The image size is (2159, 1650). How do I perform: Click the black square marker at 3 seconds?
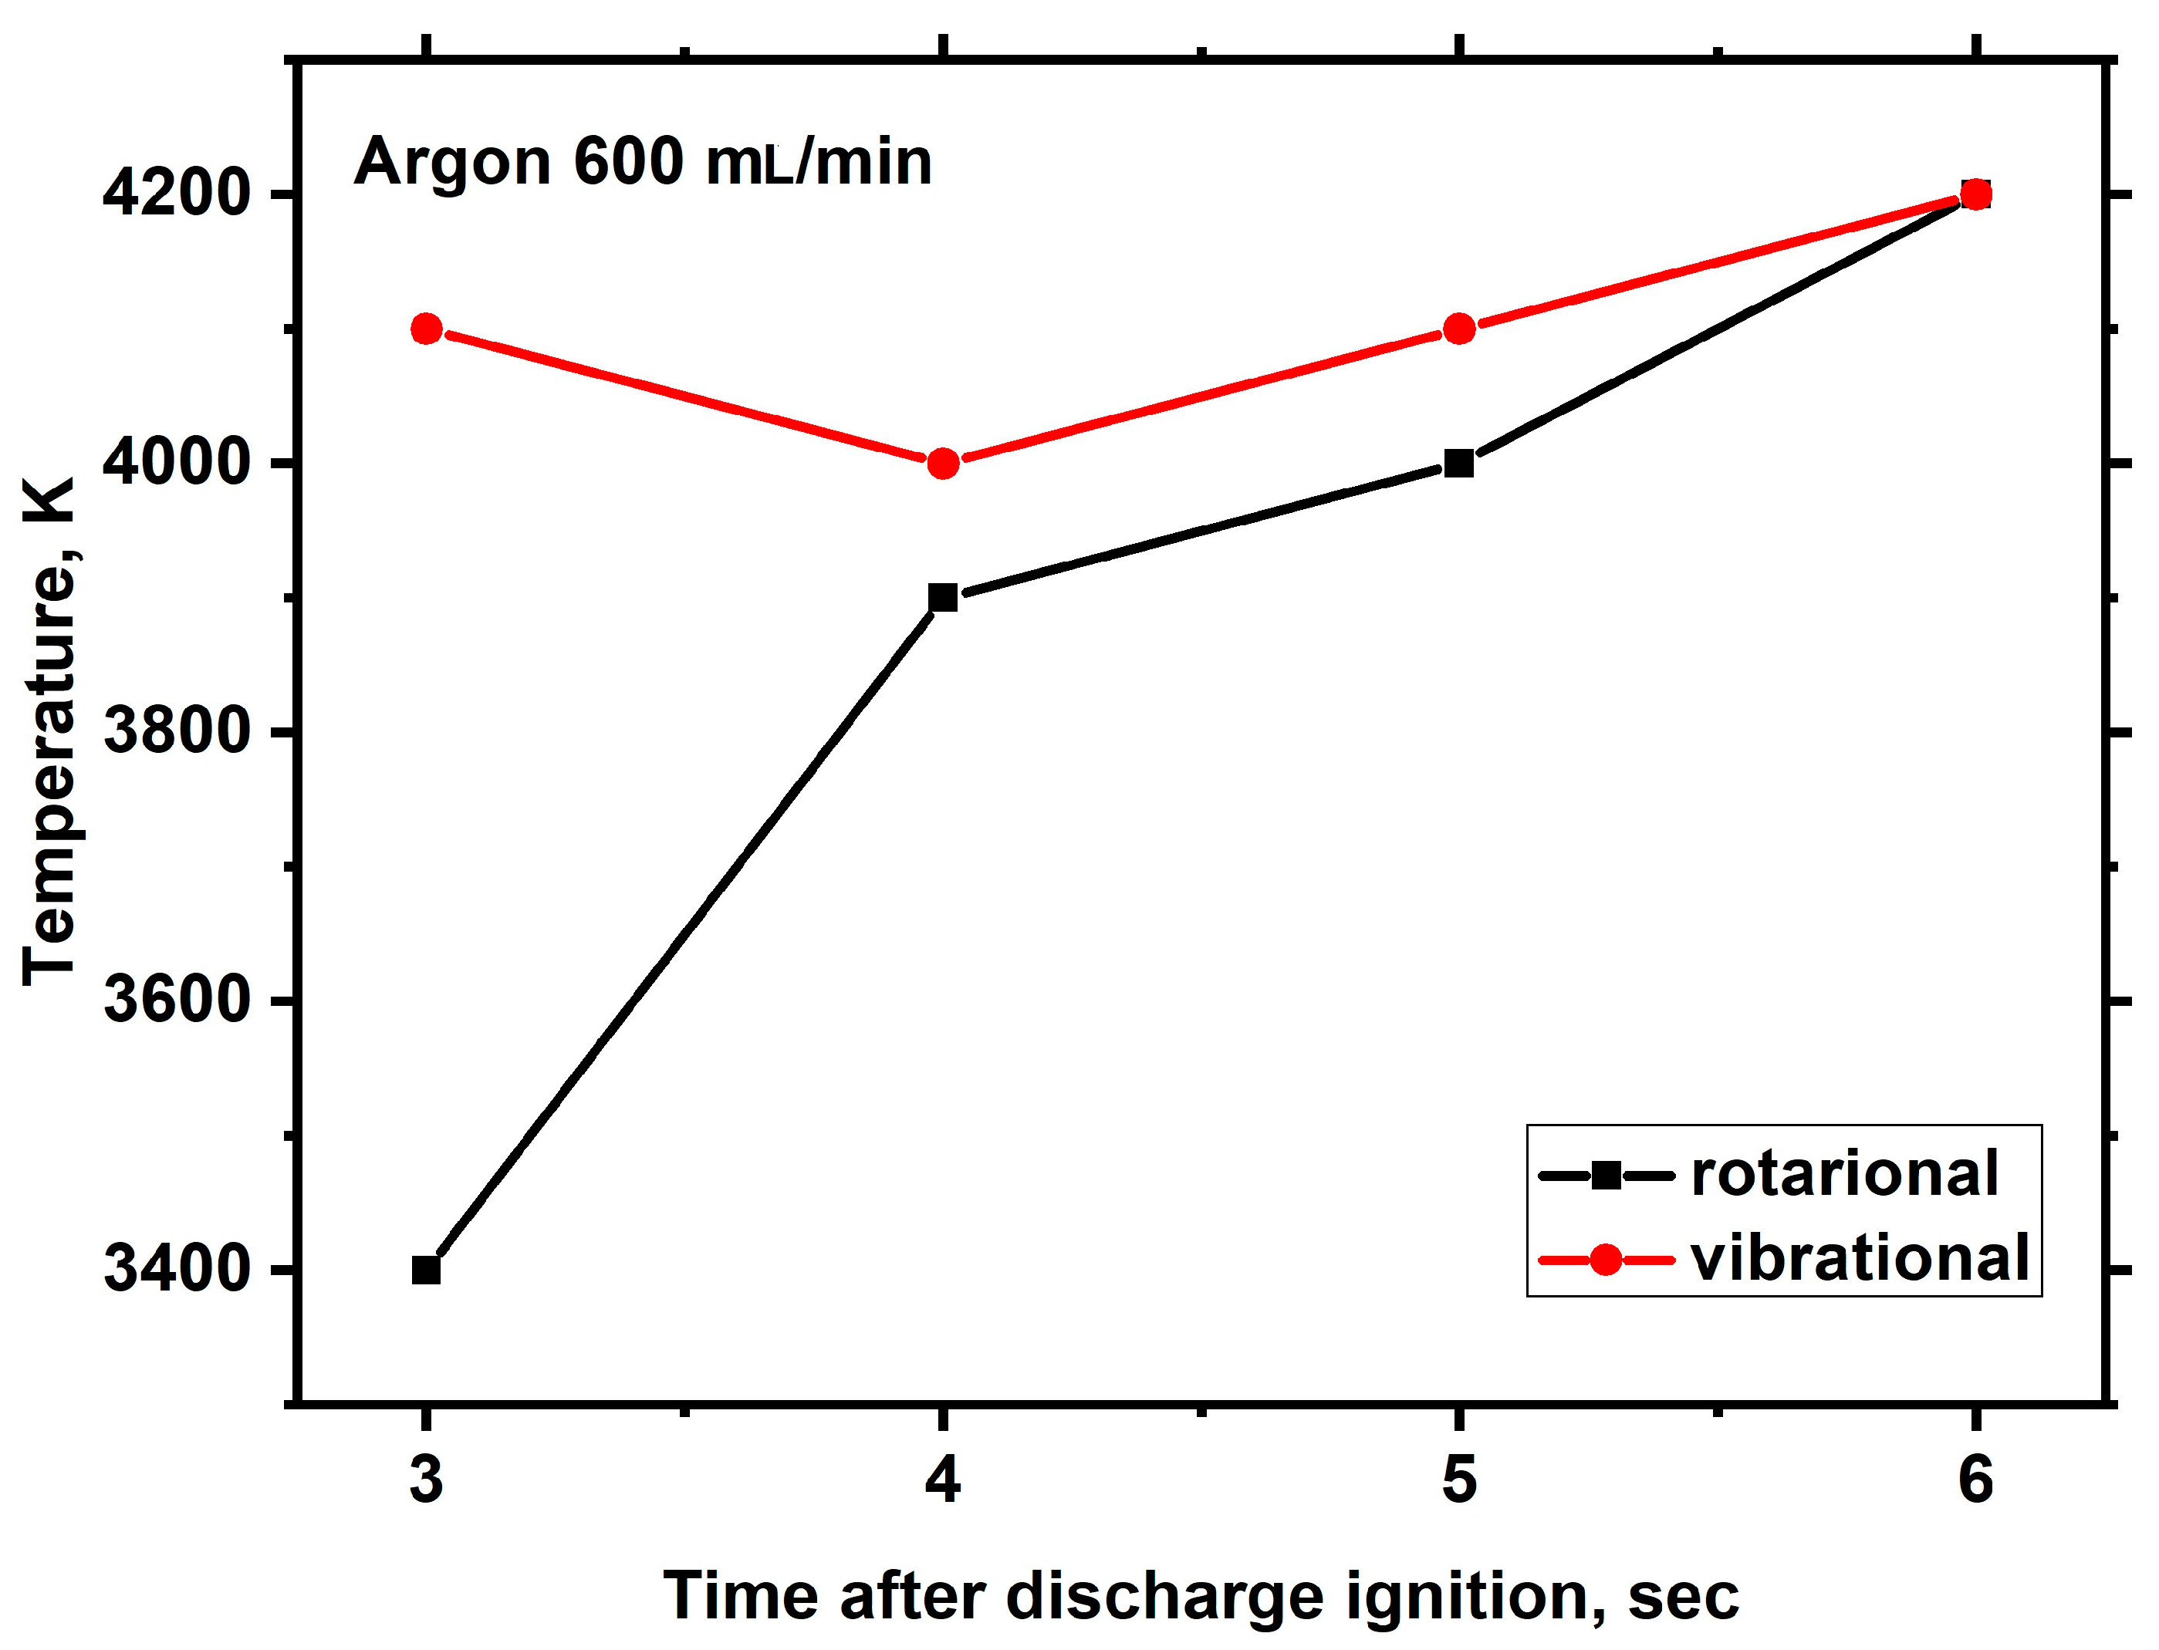click(x=425, y=1270)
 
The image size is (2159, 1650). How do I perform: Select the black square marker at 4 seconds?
click(x=942, y=597)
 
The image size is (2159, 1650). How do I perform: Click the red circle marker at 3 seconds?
click(x=425, y=328)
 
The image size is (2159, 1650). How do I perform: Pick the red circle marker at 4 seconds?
click(x=942, y=463)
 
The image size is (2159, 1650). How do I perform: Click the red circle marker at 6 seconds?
click(x=1975, y=194)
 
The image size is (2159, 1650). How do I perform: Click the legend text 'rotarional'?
click(x=1843, y=1173)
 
